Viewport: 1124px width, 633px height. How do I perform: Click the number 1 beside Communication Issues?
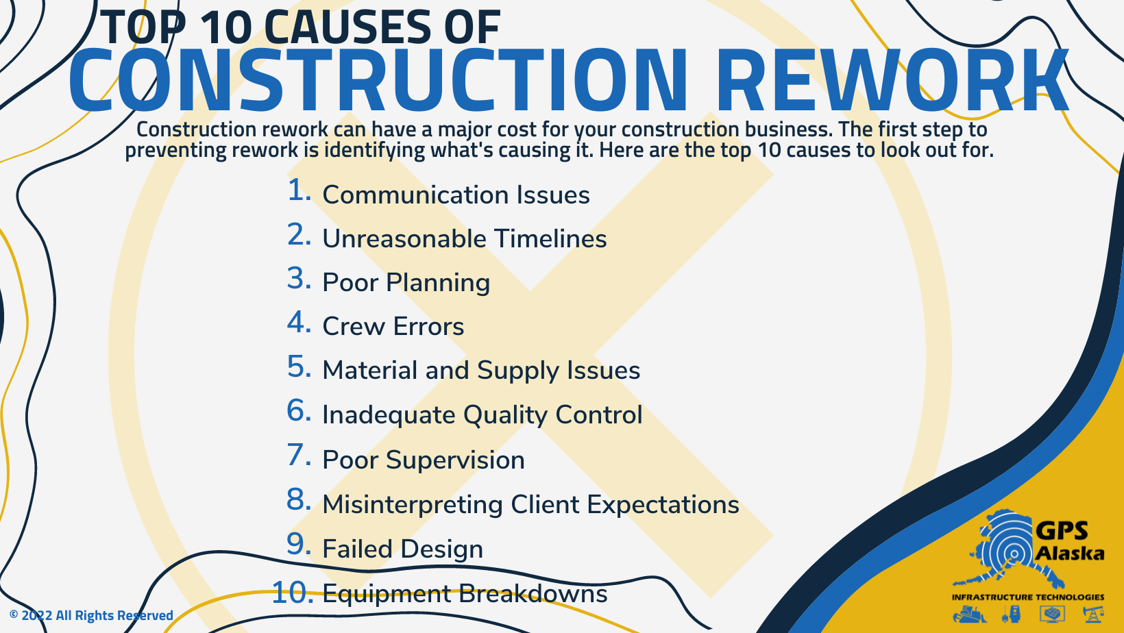tap(298, 191)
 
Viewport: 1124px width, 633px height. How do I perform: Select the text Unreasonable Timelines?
tap(464, 238)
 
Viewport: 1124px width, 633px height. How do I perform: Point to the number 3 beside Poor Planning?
tap(299, 279)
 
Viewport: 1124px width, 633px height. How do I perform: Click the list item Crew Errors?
tap(393, 326)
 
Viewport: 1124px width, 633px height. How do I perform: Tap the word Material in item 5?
tap(370, 370)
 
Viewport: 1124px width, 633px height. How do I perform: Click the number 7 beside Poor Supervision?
tap(299, 456)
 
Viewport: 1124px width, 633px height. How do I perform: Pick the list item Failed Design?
tap(402, 549)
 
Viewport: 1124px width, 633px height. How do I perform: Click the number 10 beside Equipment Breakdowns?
tap(292, 593)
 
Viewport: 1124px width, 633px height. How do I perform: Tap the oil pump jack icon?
tap(1093, 613)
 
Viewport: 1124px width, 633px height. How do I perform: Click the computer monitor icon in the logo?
tap(1052, 613)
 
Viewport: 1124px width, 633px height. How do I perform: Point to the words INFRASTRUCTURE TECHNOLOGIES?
tap(1027, 597)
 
